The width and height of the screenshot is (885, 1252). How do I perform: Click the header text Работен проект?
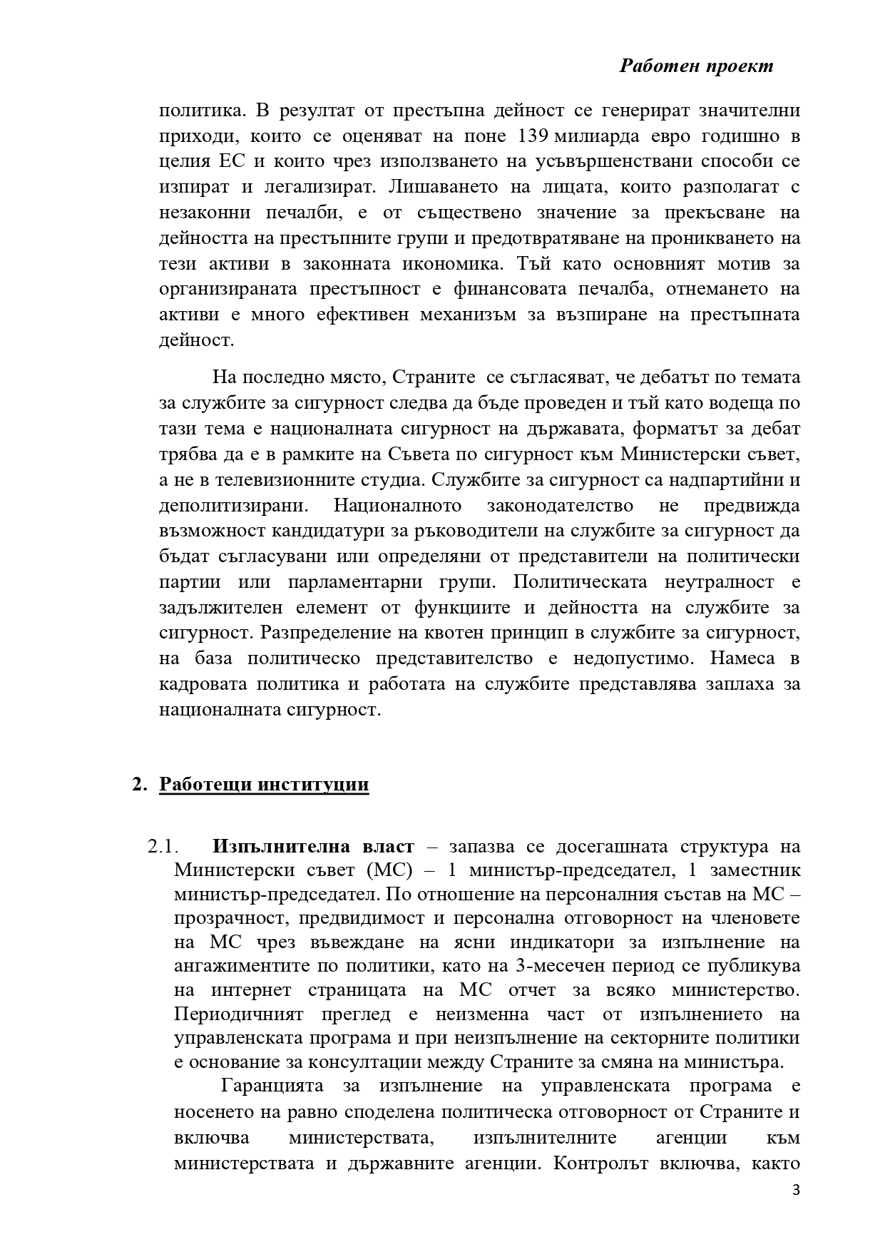(x=696, y=66)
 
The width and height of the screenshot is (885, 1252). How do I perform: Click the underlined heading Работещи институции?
(x=264, y=785)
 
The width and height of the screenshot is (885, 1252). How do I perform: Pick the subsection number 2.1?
(x=161, y=847)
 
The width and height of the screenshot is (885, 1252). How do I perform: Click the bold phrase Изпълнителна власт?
(x=312, y=847)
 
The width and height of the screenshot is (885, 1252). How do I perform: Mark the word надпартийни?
(x=725, y=480)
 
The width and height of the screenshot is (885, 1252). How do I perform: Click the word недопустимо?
(x=614, y=658)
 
